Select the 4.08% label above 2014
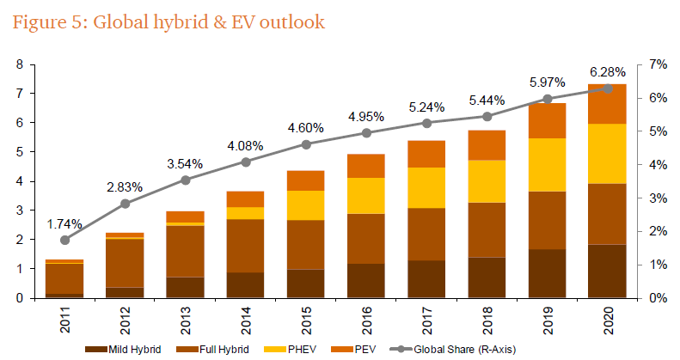(246, 143)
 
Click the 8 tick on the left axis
(19, 64)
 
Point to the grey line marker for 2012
(126, 204)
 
